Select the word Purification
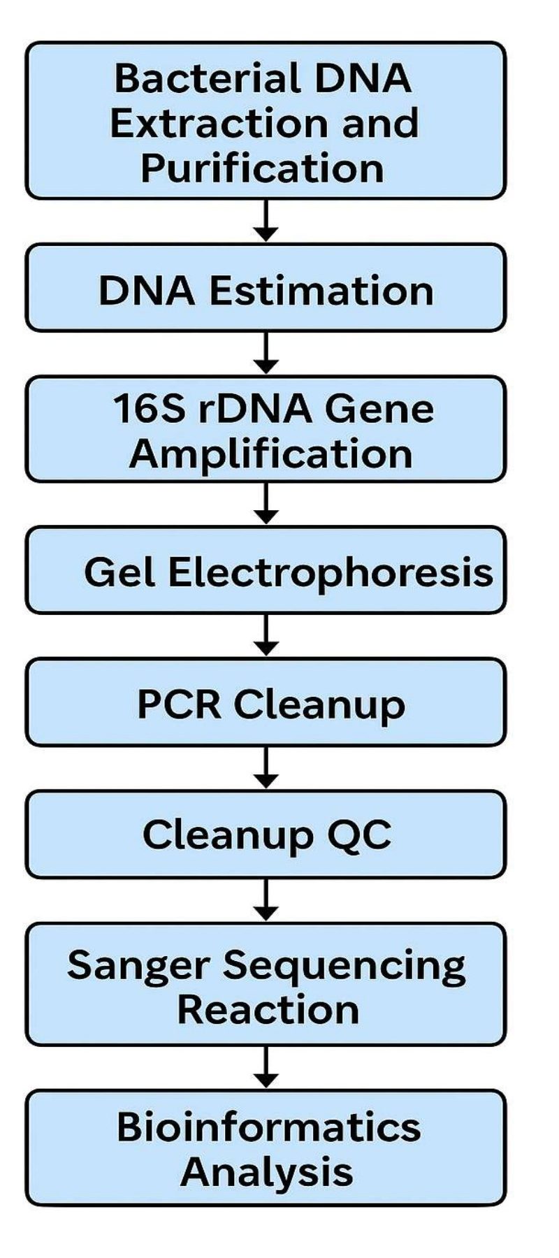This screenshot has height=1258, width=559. [x=262, y=168]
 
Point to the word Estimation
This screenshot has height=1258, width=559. [x=321, y=290]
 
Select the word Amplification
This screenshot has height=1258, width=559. [x=271, y=454]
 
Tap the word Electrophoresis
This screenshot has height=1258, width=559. [x=331, y=573]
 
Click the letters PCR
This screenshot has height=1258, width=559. [x=179, y=704]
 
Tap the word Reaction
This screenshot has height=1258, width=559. [x=268, y=1010]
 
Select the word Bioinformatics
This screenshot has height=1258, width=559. [x=268, y=1127]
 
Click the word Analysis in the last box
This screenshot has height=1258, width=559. [x=266, y=1171]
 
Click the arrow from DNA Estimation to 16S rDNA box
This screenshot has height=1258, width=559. [x=266, y=353]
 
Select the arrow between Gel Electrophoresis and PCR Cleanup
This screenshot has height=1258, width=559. [x=266, y=635]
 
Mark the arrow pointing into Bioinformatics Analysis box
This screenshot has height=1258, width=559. [x=266, y=1067]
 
